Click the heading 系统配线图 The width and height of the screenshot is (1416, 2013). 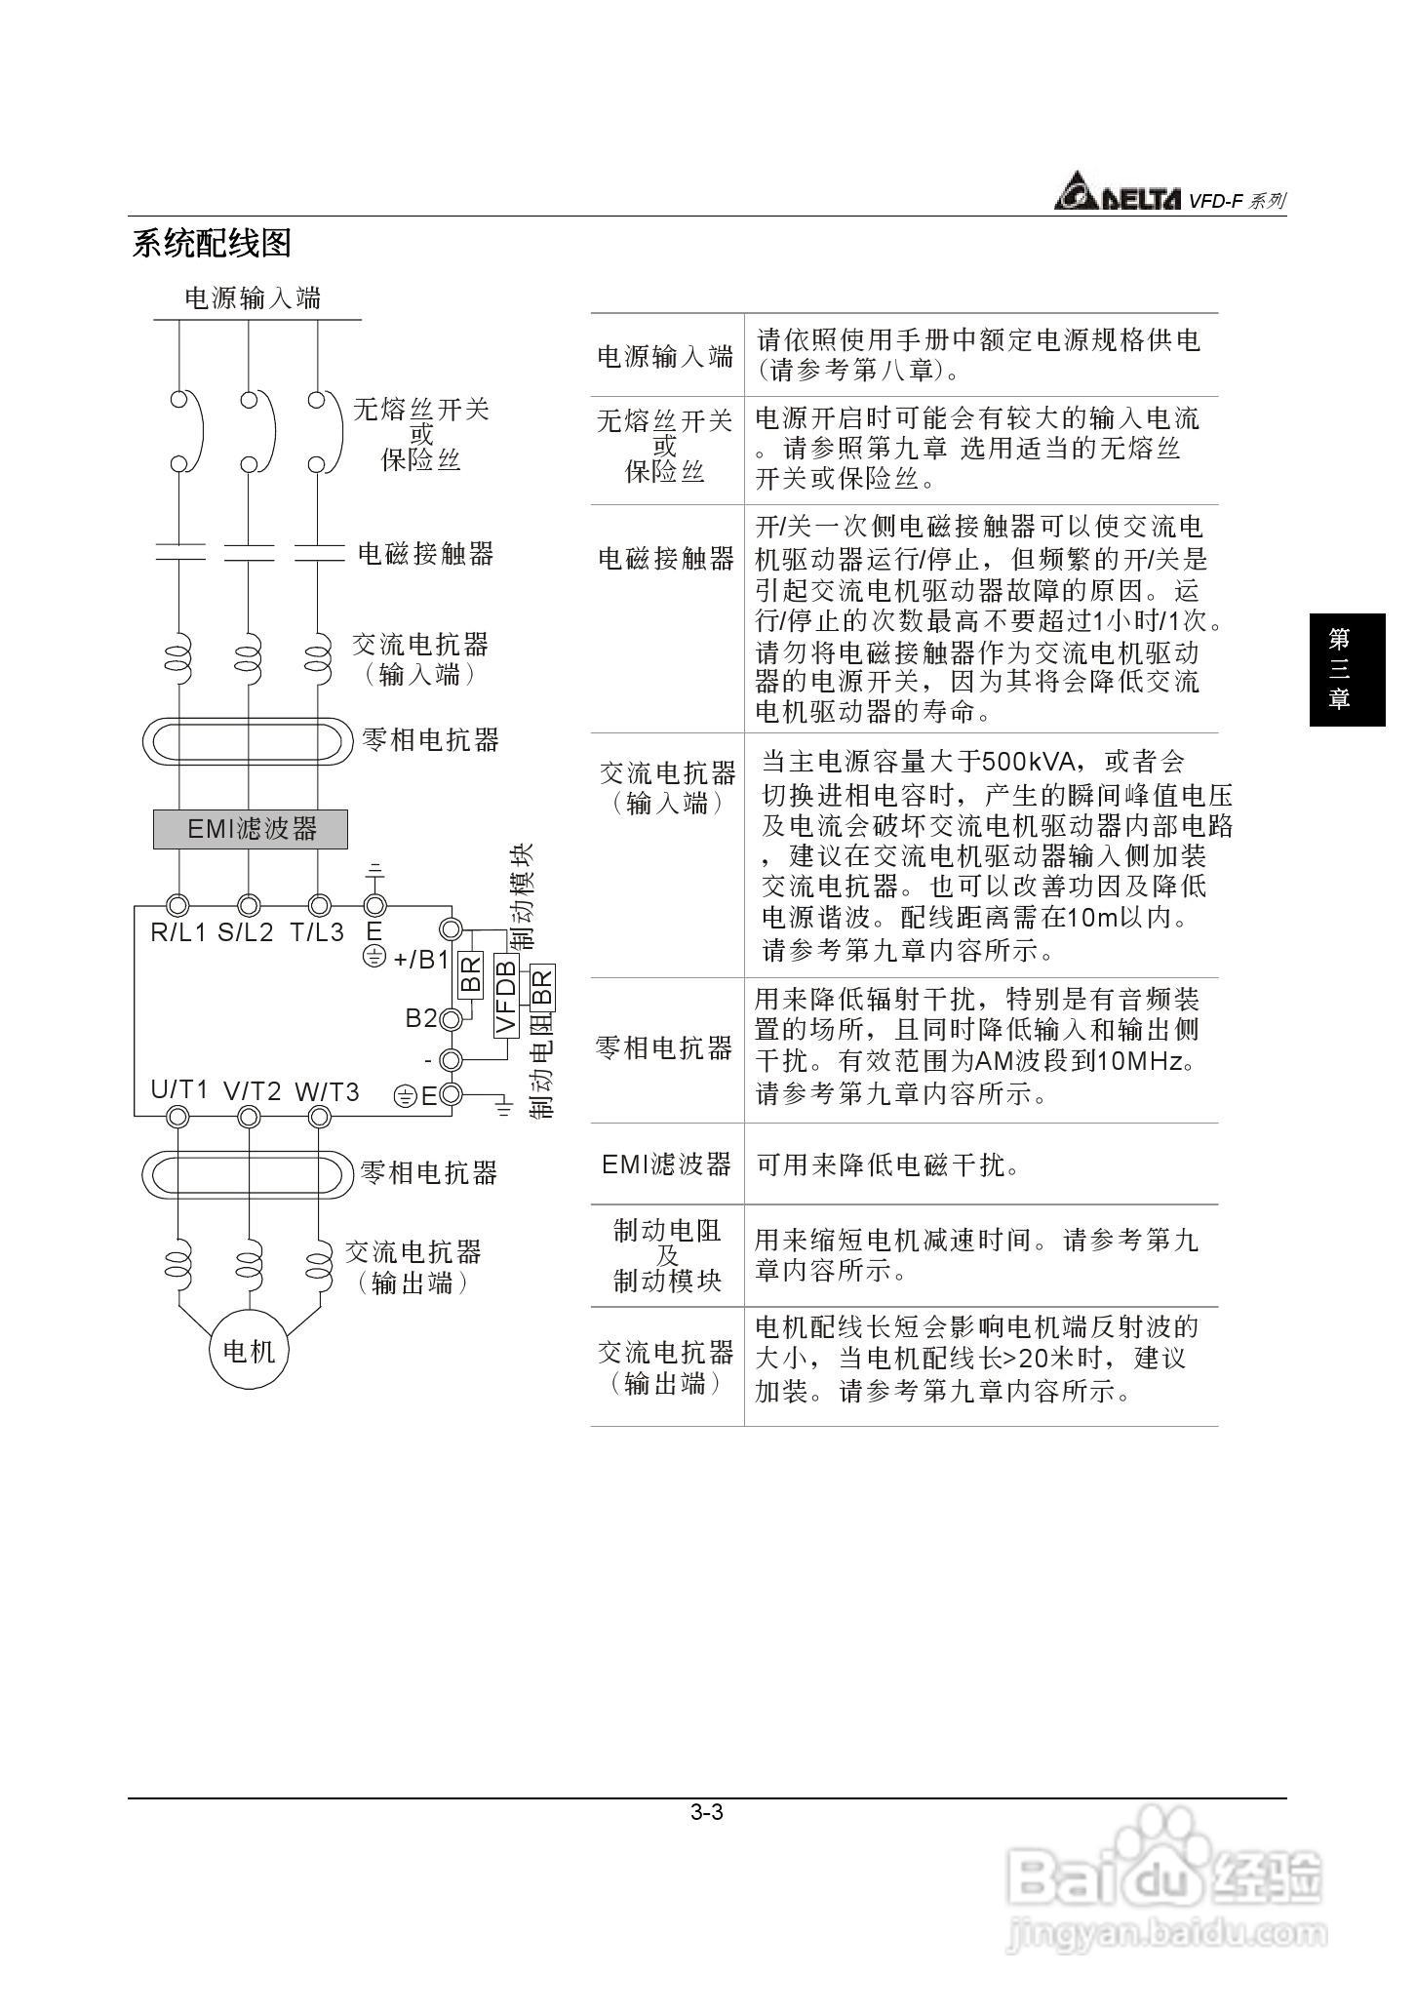pos(212,243)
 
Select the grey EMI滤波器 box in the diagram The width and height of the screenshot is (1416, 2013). pos(251,829)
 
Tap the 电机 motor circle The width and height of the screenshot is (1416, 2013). pos(250,1351)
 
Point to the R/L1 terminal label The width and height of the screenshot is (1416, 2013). pos(178,933)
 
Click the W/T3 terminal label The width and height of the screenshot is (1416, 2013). pos(328,1092)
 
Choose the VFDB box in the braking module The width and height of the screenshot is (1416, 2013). pos(505,996)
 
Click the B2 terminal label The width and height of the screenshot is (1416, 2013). pos(421,1018)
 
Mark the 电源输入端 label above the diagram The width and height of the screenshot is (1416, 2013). pos(253,298)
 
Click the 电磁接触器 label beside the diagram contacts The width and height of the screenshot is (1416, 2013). pos(426,554)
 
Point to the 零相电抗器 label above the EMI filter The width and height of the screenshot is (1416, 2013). pos(430,740)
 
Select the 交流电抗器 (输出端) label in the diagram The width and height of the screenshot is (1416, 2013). pos(413,1267)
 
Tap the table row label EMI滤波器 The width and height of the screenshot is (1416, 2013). pos(666,1164)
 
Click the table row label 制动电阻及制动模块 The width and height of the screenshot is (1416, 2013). pos(667,1256)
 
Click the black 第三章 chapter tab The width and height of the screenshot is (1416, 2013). pos(1347,669)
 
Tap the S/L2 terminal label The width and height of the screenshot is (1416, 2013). pos(246,933)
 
